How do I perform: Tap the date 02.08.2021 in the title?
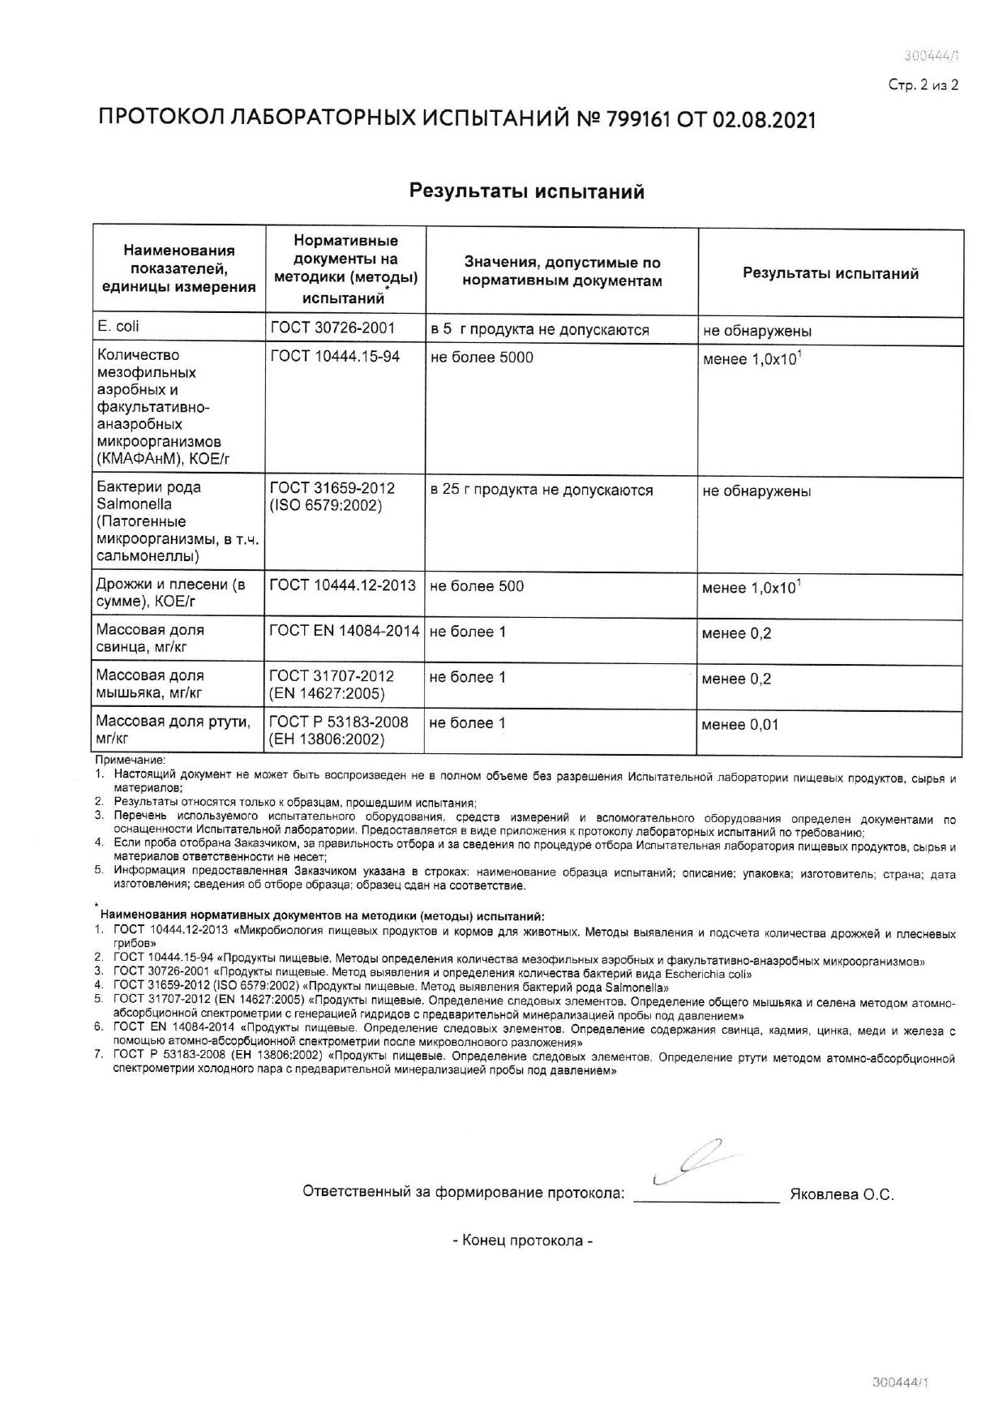pos(764,119)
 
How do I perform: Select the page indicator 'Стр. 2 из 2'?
pos(923,84)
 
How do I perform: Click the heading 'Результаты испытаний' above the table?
pos(526,191)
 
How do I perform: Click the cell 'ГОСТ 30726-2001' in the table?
pos(332,328)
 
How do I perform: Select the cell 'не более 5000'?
pos(482,358)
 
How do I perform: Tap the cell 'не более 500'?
pos(477,585)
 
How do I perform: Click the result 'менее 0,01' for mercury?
pos(740,725)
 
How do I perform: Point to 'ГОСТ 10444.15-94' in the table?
pos(334,357)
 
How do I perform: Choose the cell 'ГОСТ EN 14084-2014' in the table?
pos(344,631)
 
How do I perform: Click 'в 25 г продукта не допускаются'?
pos(542,490)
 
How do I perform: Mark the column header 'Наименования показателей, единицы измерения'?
pos(179,268)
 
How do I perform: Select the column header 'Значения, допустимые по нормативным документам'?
pos(562,272)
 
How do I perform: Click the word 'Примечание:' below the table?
pos(131,761)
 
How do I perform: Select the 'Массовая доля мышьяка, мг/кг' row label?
pos(151,684)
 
